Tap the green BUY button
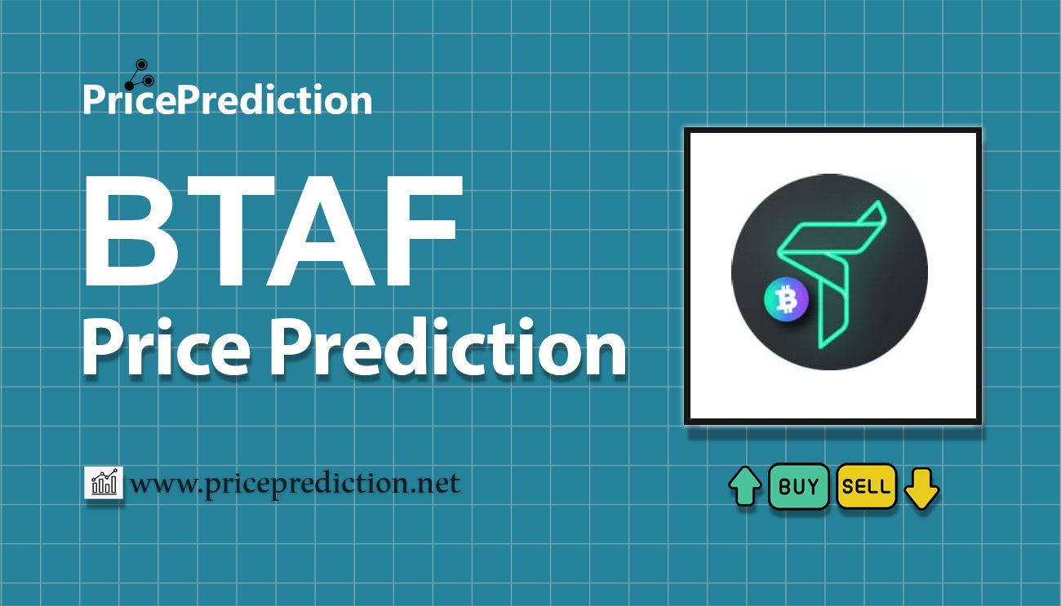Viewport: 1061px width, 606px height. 798,487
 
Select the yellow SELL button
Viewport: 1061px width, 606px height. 866,487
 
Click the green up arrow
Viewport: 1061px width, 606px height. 745,487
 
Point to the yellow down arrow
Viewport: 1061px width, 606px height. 921,488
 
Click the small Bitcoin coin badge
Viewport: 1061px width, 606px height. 786,301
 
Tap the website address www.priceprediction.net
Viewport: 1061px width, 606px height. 295,484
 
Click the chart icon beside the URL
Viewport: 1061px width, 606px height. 103,484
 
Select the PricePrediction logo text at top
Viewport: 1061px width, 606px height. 227,100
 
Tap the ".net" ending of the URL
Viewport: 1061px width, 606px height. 436,484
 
